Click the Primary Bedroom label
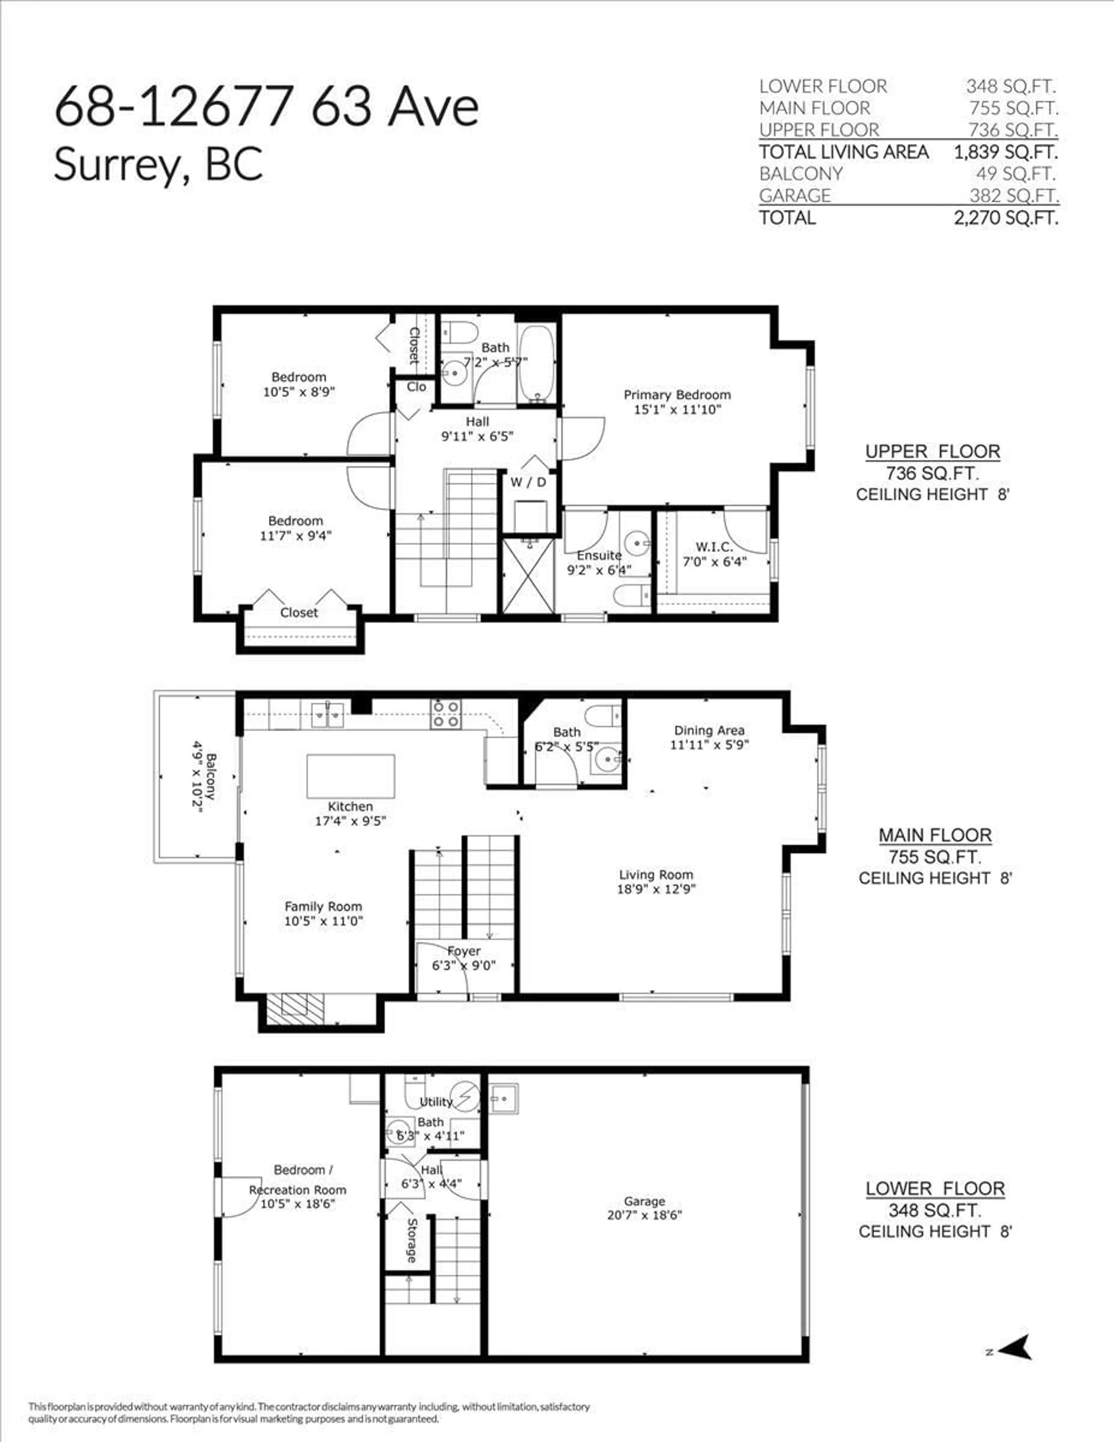point(677,395)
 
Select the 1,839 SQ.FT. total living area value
point(1005,152)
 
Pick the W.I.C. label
point(714,547)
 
